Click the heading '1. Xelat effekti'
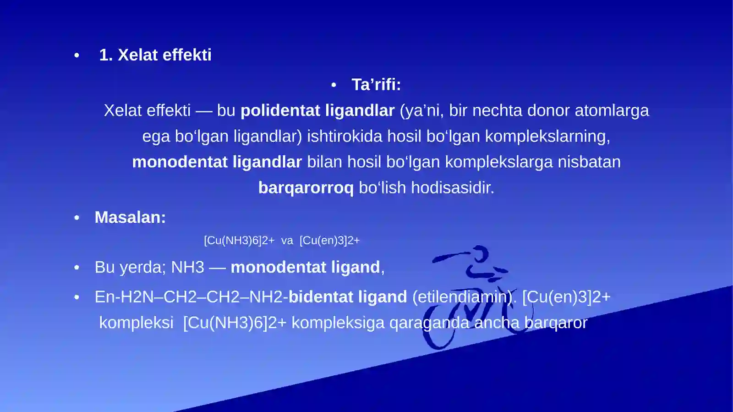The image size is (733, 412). point(155,55)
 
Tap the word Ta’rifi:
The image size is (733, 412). point(376,85)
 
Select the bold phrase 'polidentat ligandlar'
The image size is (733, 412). point(317,110)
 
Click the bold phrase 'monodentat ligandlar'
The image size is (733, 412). point(217,162)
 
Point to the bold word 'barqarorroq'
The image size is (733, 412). point(306,187)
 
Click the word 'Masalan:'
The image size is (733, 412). point(130,217)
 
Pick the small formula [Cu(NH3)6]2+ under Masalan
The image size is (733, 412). point(239,241)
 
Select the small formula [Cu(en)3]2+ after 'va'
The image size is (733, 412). point(330,241)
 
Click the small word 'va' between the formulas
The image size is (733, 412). point(287,241)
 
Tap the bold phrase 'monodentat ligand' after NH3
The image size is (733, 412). point(305,267)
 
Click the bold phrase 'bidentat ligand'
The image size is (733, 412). point(348,297)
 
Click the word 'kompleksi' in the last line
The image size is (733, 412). point(136,323)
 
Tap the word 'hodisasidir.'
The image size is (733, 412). point(453,187)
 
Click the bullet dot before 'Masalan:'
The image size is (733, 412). point(77,218)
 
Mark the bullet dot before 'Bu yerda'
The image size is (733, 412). point(77,268)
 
